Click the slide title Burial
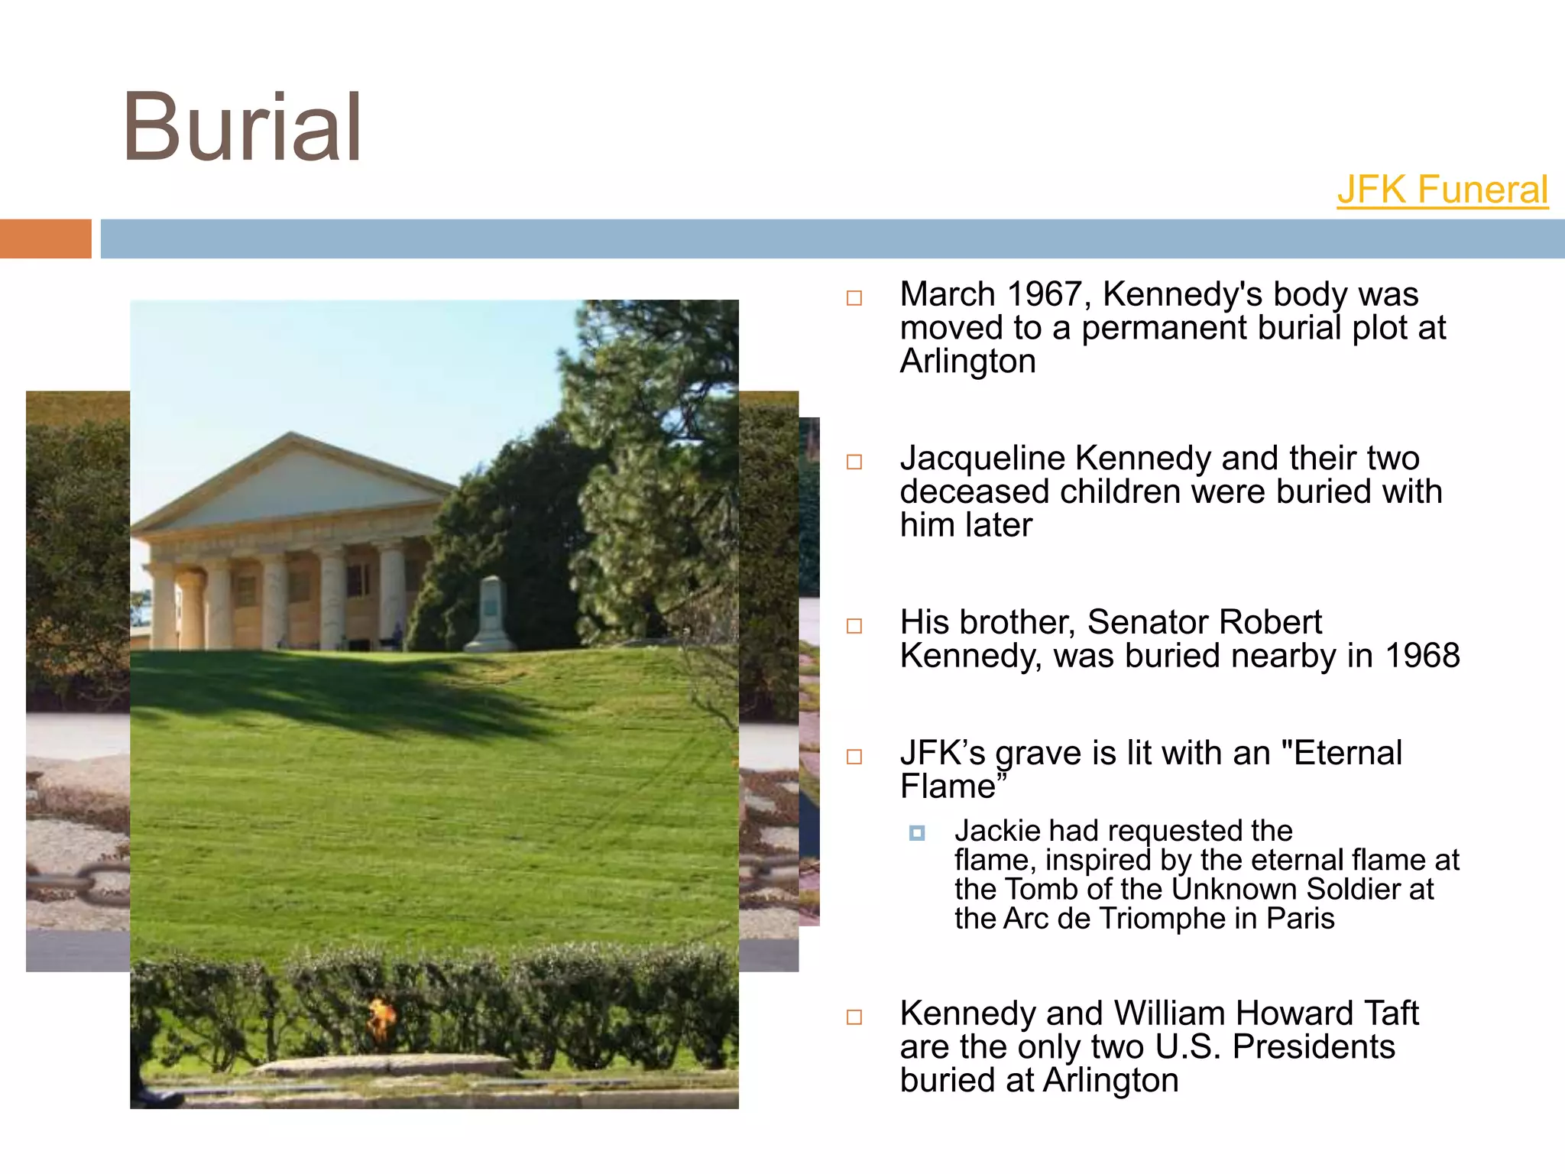pyautogui.click(x=241, y=128)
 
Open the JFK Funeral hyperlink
pyautogui.click(x=1442, y=190)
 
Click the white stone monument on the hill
pyautogui.click(x=491, y=615)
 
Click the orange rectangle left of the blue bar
pyautogui.click(x=45, y=238)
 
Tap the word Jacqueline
pyautogui.click(x=982, y=459)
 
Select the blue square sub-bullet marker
pyautogui.click(x=917, y=832)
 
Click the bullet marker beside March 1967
pyautogui.click(x=854, y=298)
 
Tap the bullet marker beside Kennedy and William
pyautogui.click(x=854, y=1017)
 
